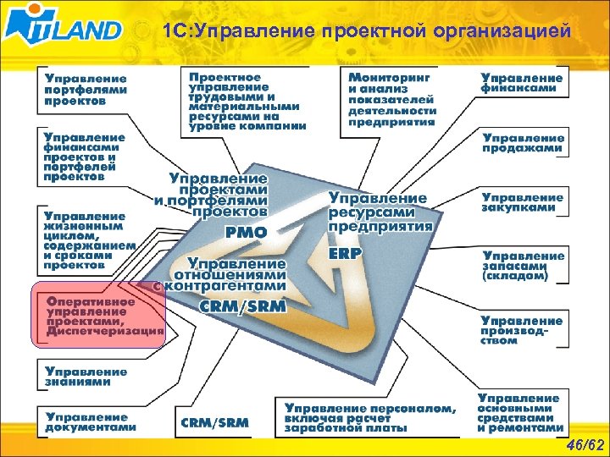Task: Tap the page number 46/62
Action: pos(584,444)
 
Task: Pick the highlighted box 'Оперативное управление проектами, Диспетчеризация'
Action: pos(97,316)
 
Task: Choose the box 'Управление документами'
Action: pos(90,421)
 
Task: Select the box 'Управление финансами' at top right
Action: pos(522,83)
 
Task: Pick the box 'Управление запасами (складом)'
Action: pos(524,265)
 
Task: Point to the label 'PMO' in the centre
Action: pos(247,232)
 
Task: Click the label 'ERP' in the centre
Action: pos(345,253)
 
